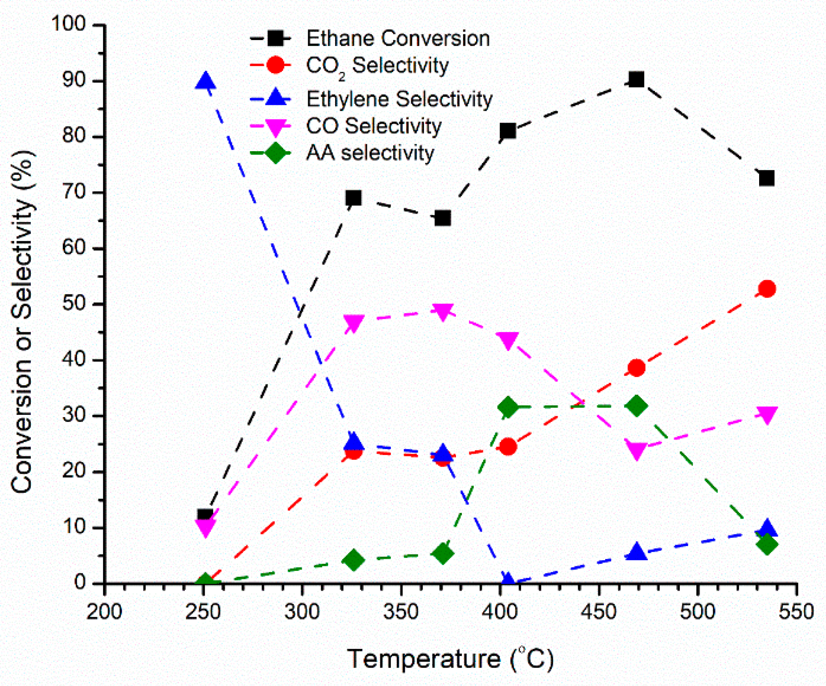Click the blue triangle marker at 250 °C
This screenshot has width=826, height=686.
[x=205, y=83]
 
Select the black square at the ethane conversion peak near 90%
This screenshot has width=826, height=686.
[x=636, y=79]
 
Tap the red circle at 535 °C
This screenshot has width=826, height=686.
[x=767, y=289]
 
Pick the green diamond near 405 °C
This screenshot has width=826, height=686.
[x=508, y=407]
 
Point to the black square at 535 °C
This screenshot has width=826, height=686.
[x=766, y=178]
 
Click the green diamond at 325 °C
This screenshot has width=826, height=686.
[x=354, y=560]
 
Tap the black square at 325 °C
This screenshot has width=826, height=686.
[x=353, y=198]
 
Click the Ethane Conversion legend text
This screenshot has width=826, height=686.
[x=398, y=38]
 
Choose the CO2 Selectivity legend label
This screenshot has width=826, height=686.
[x=377, y=66]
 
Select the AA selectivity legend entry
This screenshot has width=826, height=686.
[x=370, y=153]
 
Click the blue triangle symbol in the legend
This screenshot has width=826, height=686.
[x=275, y=98]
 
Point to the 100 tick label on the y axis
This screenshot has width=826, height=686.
[x=69, y=24]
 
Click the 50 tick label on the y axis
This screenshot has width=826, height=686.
[x=74, y=304]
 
